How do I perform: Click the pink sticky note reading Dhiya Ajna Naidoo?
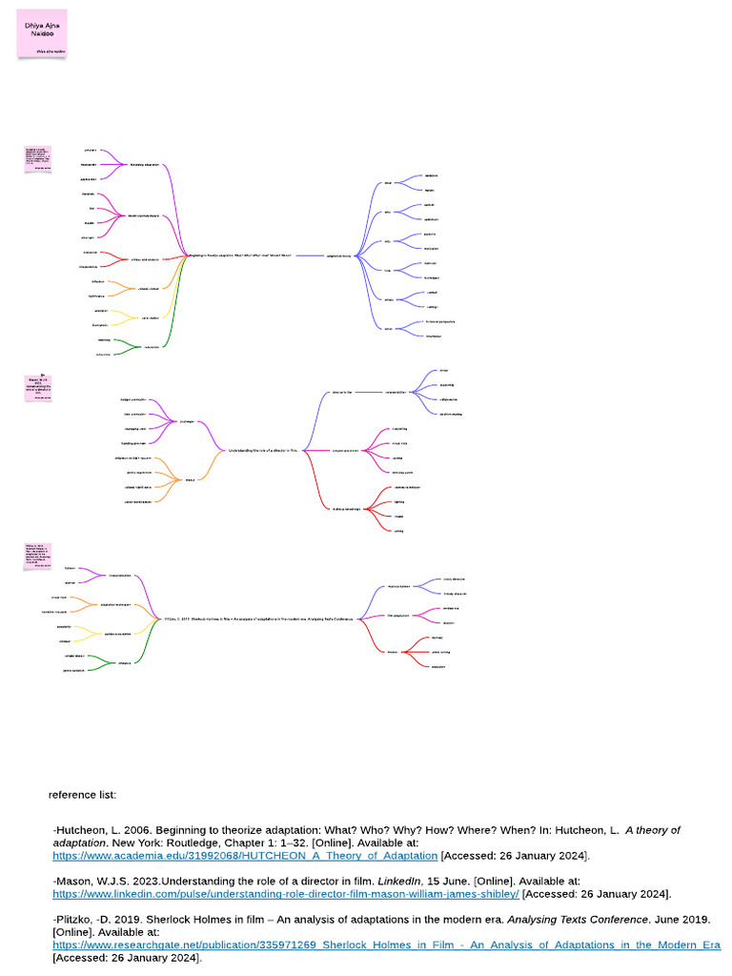pos(42,33)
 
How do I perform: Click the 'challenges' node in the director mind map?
pos(188,420)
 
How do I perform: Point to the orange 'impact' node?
pos(190,479)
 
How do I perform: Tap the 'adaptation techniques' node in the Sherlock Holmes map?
pos(115,605)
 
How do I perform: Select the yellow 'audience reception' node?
pos(118,634)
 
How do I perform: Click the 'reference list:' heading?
pos(82,794)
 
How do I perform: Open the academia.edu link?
pos(245,856)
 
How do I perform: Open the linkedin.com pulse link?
pos(286,894)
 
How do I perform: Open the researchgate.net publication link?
pos(386,945)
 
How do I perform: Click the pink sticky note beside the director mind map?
pos(36,387)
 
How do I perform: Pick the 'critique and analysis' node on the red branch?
pos(146,259)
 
